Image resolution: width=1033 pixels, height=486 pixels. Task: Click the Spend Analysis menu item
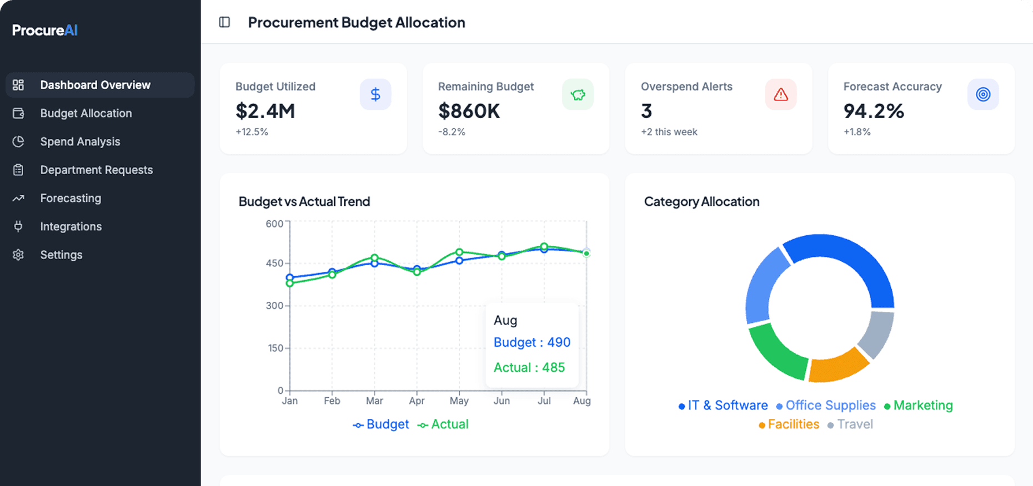pos(80,141)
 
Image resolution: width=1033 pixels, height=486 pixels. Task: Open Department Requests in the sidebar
pos(96,170)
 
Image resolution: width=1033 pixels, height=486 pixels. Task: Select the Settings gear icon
pos(18,255)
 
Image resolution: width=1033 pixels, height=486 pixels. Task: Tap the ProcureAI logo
pos(45,30)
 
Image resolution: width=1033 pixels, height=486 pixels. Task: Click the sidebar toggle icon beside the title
pos(224,22)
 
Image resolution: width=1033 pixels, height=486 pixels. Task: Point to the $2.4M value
pos(265,111)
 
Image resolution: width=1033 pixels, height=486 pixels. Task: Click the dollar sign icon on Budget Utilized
pos(375,94)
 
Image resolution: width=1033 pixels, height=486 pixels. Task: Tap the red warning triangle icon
pos(781,94)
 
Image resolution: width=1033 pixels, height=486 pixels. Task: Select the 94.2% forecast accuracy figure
pos(874,111)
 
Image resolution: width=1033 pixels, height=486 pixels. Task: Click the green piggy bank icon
pos(578,94)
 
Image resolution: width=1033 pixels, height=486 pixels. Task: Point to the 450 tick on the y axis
pos(274,263)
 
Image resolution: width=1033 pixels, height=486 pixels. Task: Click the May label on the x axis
pos(459,401)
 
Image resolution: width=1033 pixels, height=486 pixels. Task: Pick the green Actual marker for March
pos(374,258)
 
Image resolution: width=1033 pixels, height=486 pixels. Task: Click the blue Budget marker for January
pos(289,277)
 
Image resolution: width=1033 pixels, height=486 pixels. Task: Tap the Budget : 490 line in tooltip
pos(531,342)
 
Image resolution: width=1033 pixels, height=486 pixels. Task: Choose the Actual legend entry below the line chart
pos(443,424)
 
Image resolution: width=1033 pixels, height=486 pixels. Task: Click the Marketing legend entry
pos(919,406)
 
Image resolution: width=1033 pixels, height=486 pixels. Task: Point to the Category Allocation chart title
pos(701,201)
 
